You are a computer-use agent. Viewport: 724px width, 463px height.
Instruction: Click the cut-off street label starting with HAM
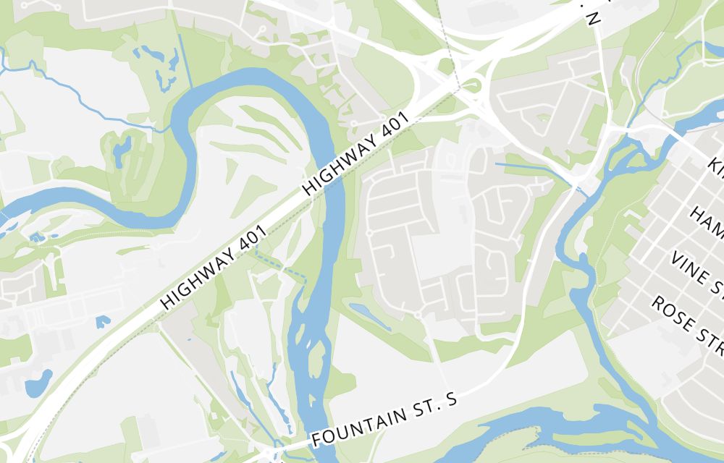point(706,223)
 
